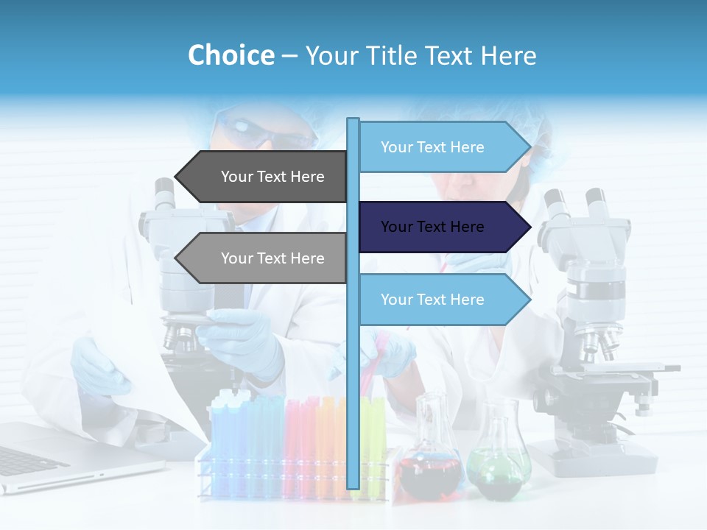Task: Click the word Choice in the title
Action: pyautogui.click(x=231, y=55)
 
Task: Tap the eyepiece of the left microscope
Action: pyautogui.click(x=163, y=194)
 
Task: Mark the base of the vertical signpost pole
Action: pyautogui.click(x=353, y=482)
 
